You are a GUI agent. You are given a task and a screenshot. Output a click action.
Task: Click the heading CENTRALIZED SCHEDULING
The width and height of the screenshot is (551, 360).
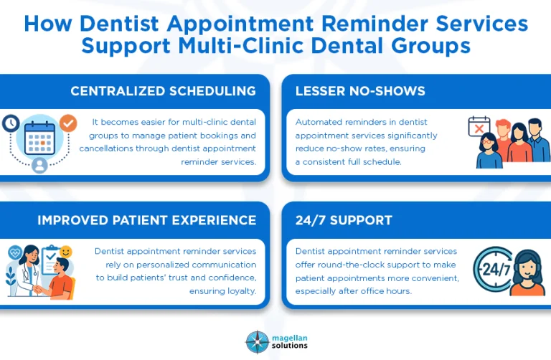(163, 91)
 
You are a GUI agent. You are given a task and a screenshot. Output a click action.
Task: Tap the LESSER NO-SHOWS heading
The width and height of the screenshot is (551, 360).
(360, 91)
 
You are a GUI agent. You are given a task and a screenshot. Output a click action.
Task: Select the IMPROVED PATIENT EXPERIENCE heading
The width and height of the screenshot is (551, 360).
(146, 220)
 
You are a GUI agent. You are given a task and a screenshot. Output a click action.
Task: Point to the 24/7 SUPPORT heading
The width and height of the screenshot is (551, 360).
(344, 220)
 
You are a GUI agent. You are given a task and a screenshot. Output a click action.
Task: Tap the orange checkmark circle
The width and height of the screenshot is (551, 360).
(68, 123)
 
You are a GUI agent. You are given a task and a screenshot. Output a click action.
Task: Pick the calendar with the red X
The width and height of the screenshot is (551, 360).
(479, 127)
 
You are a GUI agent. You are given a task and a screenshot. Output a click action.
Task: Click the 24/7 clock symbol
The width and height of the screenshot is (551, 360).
(493, 270)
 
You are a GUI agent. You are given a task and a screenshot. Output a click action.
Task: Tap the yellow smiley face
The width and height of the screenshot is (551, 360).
(66, 252)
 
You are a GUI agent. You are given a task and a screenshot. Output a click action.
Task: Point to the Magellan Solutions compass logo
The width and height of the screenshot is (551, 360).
(256, 341)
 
